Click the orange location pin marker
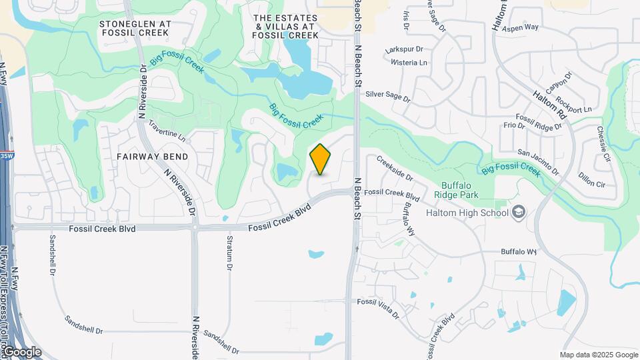click(x=321, y=159)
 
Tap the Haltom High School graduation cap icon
click(x=518, y=213)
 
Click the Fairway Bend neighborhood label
click(x=153, y=156)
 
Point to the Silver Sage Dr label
click(x=388, y=96)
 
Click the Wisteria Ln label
click(x=409, y=63)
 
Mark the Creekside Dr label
click(x=395, y=169)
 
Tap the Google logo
click(x=21, y=352)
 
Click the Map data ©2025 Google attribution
click(x=599, y=355)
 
